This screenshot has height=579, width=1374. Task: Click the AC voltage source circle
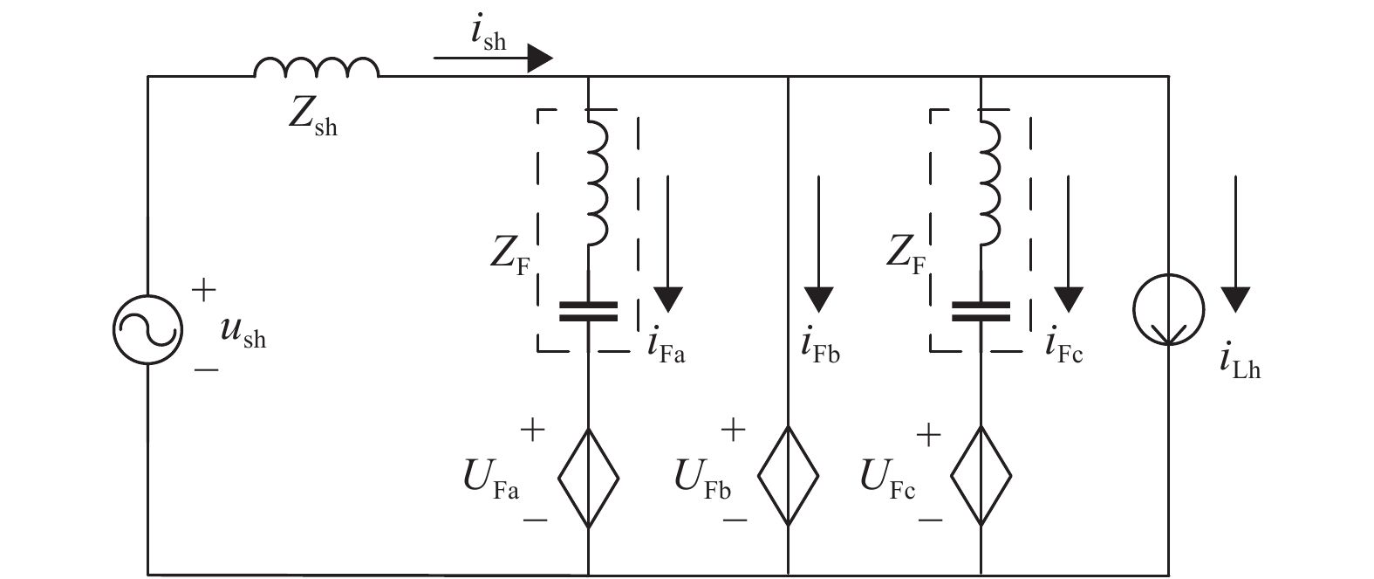click(147, 328)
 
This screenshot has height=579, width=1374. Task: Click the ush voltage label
click(243, 334)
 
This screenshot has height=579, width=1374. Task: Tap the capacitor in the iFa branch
click(589, 312)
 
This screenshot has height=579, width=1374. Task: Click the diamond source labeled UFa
click(589, 477)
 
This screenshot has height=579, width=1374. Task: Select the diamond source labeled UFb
click(788, 477)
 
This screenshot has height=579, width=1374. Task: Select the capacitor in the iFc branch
click(981, 312)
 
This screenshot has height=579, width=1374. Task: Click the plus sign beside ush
click(204, 290)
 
